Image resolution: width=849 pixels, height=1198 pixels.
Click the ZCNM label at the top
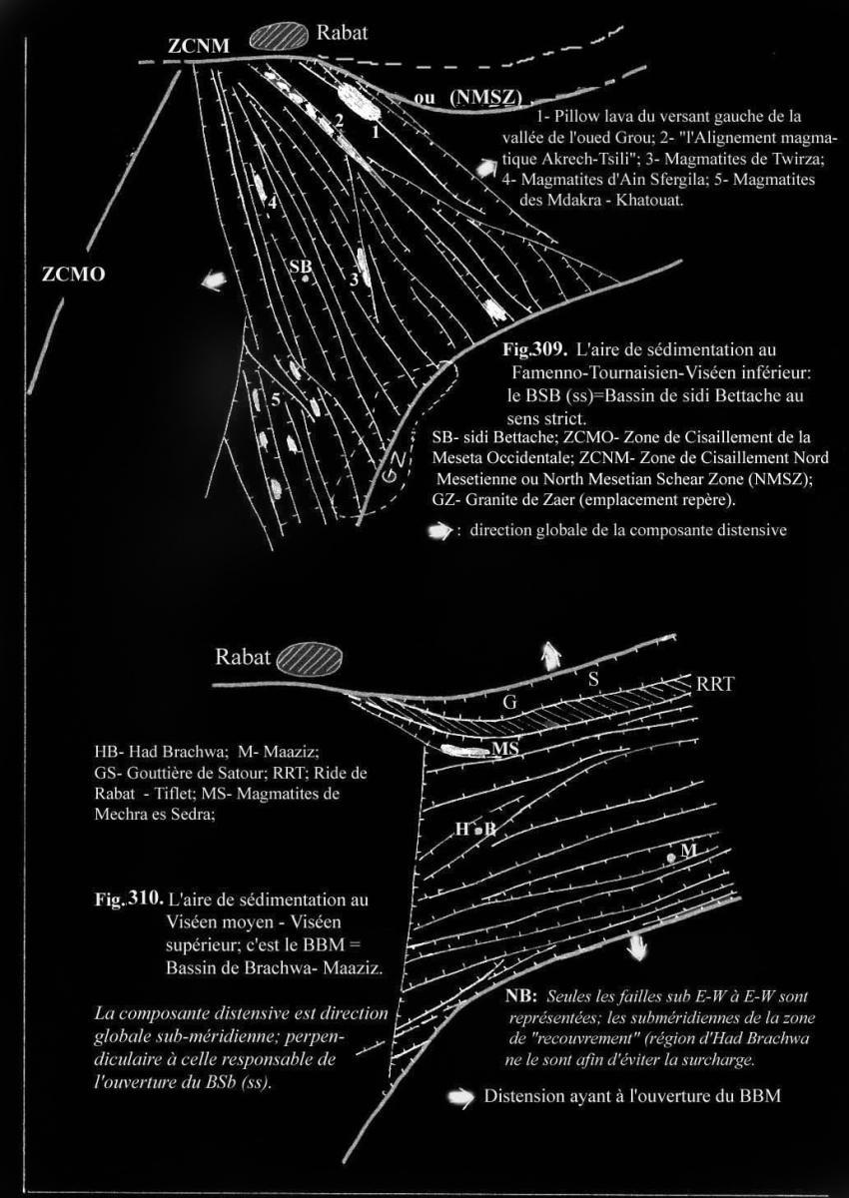pos(199,45)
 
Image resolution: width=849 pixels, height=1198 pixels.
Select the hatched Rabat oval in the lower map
pos(310,660)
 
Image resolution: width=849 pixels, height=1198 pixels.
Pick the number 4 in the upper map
pos(269,200)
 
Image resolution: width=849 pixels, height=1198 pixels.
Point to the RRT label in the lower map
pos(717,685)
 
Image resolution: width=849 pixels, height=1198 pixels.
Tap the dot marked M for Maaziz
pos(672,858)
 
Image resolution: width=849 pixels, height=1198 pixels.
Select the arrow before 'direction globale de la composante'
pos(438,531)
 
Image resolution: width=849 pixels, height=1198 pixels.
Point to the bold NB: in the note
pos(523,999)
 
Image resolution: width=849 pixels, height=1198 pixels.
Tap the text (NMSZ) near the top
pos(485,97)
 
